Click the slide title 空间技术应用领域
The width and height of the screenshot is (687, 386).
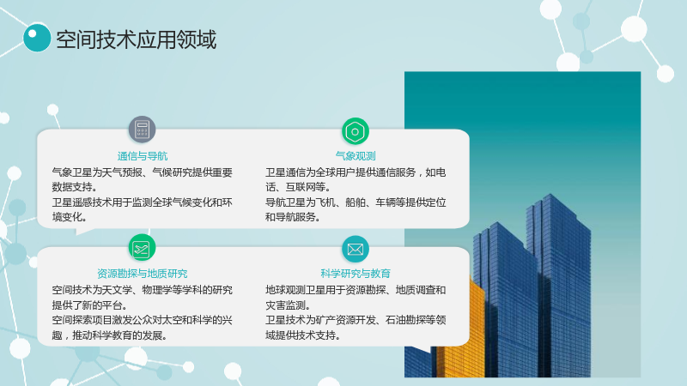tap(137, 39)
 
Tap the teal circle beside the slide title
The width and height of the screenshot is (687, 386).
tap(37, 38)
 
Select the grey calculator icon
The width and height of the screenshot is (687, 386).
tap(142, 130)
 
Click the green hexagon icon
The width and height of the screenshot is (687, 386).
tap(356, 131)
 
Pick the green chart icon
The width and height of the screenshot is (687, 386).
tap(142, 249)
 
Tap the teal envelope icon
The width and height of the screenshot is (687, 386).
tap(356, 249)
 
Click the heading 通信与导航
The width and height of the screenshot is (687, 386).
tap(143, 156)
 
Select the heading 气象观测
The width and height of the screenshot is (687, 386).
tap(356, 156)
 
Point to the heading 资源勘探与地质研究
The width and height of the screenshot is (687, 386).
tap(143, 274)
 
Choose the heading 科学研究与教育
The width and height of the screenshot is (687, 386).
tap(356, 274)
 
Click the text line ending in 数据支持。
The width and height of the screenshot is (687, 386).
tap(75, 187)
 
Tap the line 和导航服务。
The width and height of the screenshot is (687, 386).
tap(292, 217)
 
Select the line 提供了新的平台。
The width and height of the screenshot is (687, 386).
tap(90, 305)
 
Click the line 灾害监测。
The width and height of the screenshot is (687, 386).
tap(288, 305)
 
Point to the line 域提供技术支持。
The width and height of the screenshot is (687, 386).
tap(303, 335)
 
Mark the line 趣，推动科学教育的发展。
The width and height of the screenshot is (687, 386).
tap(110, 335)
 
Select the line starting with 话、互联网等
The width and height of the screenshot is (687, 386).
tap(298, 187)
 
